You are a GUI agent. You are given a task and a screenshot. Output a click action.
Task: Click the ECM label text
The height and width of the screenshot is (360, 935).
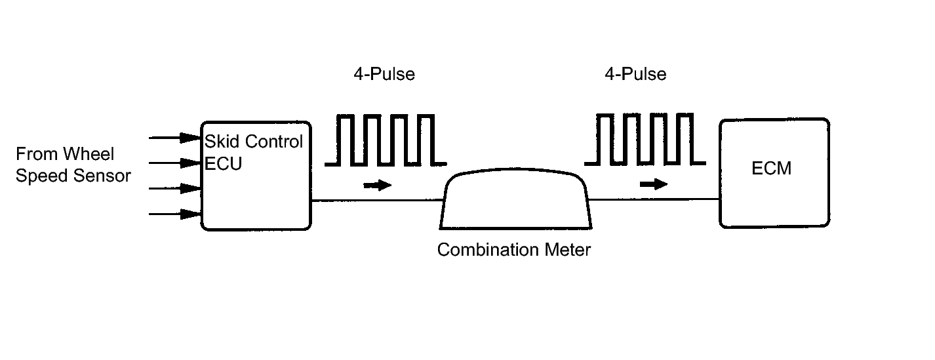771,169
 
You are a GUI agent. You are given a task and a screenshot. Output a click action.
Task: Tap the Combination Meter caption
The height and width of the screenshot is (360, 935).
514,250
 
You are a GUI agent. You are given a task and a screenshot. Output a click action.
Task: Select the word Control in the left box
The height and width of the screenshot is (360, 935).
274,142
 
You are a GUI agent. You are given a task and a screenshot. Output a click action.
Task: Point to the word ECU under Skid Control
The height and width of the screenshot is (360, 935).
224,163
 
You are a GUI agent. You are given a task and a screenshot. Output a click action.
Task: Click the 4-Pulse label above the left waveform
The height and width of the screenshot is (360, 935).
384,74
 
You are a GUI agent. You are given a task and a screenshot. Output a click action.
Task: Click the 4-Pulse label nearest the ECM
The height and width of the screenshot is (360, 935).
635,74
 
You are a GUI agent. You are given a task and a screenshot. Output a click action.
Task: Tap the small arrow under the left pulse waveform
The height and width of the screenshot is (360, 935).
377,185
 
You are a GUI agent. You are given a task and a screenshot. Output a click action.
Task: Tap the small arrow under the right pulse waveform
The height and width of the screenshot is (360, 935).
654,184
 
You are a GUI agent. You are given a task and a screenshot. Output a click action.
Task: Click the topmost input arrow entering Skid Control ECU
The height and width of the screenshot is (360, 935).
175,138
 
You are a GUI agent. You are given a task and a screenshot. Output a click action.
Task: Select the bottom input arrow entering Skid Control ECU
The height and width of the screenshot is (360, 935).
175,214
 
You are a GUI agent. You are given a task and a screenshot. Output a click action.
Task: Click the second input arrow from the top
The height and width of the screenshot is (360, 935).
175,163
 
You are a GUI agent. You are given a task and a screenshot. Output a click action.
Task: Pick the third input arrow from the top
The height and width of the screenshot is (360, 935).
175,188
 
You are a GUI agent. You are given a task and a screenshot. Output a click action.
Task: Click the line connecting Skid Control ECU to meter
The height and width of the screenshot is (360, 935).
377,201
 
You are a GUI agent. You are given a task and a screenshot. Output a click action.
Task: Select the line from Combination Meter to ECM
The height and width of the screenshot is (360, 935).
654,199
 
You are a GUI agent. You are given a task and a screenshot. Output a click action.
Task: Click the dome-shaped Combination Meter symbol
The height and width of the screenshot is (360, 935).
515,169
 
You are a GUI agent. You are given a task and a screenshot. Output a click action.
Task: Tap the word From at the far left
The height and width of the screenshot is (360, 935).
37,154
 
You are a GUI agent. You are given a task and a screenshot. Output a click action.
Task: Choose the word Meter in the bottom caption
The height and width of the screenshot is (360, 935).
567,250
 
